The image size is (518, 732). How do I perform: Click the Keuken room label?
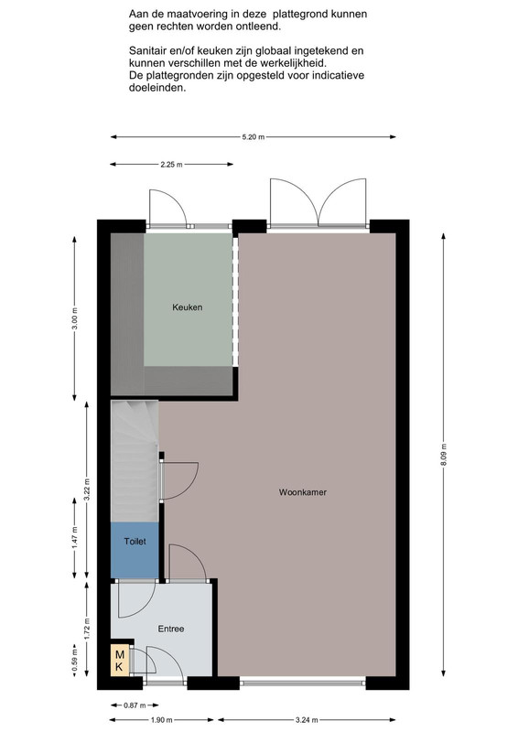(x=188, y=307)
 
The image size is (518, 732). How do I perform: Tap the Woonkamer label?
(x=303, y=492)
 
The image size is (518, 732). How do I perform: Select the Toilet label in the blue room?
(x=135, y=542)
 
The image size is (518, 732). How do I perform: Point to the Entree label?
(x=171, y=629)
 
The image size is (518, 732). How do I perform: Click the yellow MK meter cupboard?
(x=119, y=661)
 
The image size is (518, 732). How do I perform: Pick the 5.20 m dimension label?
(x=254, y=137)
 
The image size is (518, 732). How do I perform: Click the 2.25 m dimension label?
(x=171, y=165)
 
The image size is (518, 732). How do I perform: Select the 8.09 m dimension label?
(x=443, y=455)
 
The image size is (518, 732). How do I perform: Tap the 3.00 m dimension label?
(x=75, y=318)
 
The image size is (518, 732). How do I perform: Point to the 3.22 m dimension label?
(x=86, y=490)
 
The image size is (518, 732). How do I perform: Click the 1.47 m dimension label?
(x=75, y=538)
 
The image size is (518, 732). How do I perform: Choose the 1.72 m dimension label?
(x=86, y=629)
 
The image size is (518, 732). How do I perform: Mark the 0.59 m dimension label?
(x=75, y=662)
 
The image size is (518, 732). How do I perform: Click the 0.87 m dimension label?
(x=135, y=705)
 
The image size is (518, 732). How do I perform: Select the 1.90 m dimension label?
(x=162, y=720)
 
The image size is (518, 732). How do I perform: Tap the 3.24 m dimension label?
(x=307, y=720)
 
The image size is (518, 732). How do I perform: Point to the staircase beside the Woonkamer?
(x=135, y=461)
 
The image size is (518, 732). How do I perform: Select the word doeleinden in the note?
(x=156, y=87)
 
